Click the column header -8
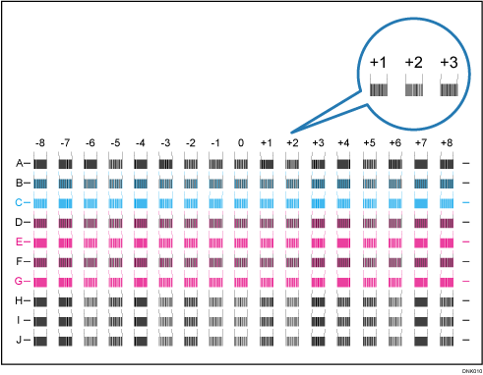[x=40, y=142]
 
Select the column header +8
[x=446, y=142]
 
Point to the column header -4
[x=141, y=142]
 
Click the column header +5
[x=369, y=142]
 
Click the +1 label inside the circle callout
[x=379, y=63]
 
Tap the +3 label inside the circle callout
[x=449, y=63]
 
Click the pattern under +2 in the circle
[x=414, y=89]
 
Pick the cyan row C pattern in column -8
[x=40, y=201]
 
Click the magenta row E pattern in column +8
[x=446, y=241]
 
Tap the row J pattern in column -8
[x=40, y=341]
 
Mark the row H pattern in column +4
[x=343, y=301]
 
